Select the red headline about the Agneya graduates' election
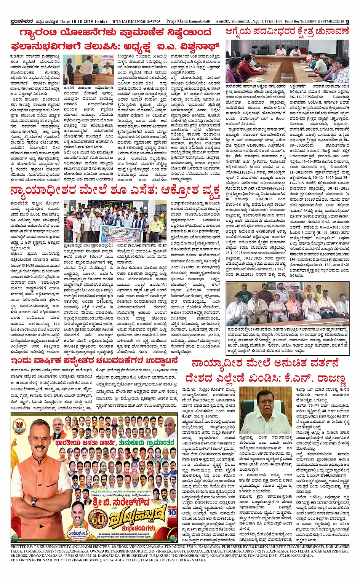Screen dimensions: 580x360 click(x=287, y=32)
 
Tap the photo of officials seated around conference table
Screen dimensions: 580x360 click(x=287, y=62)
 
